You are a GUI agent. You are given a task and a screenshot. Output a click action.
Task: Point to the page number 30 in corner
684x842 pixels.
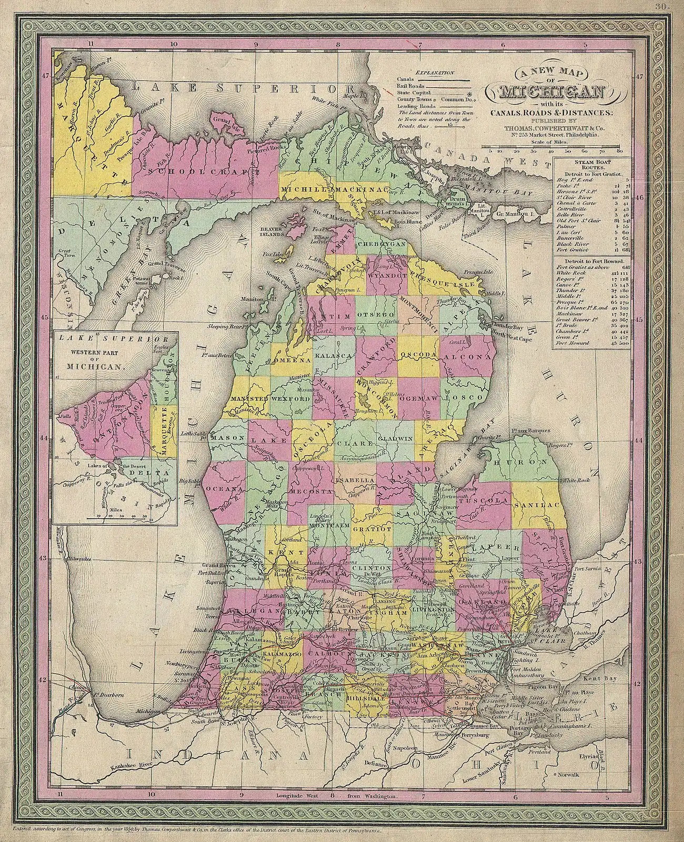pyautogui.click(x=662, y=6)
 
